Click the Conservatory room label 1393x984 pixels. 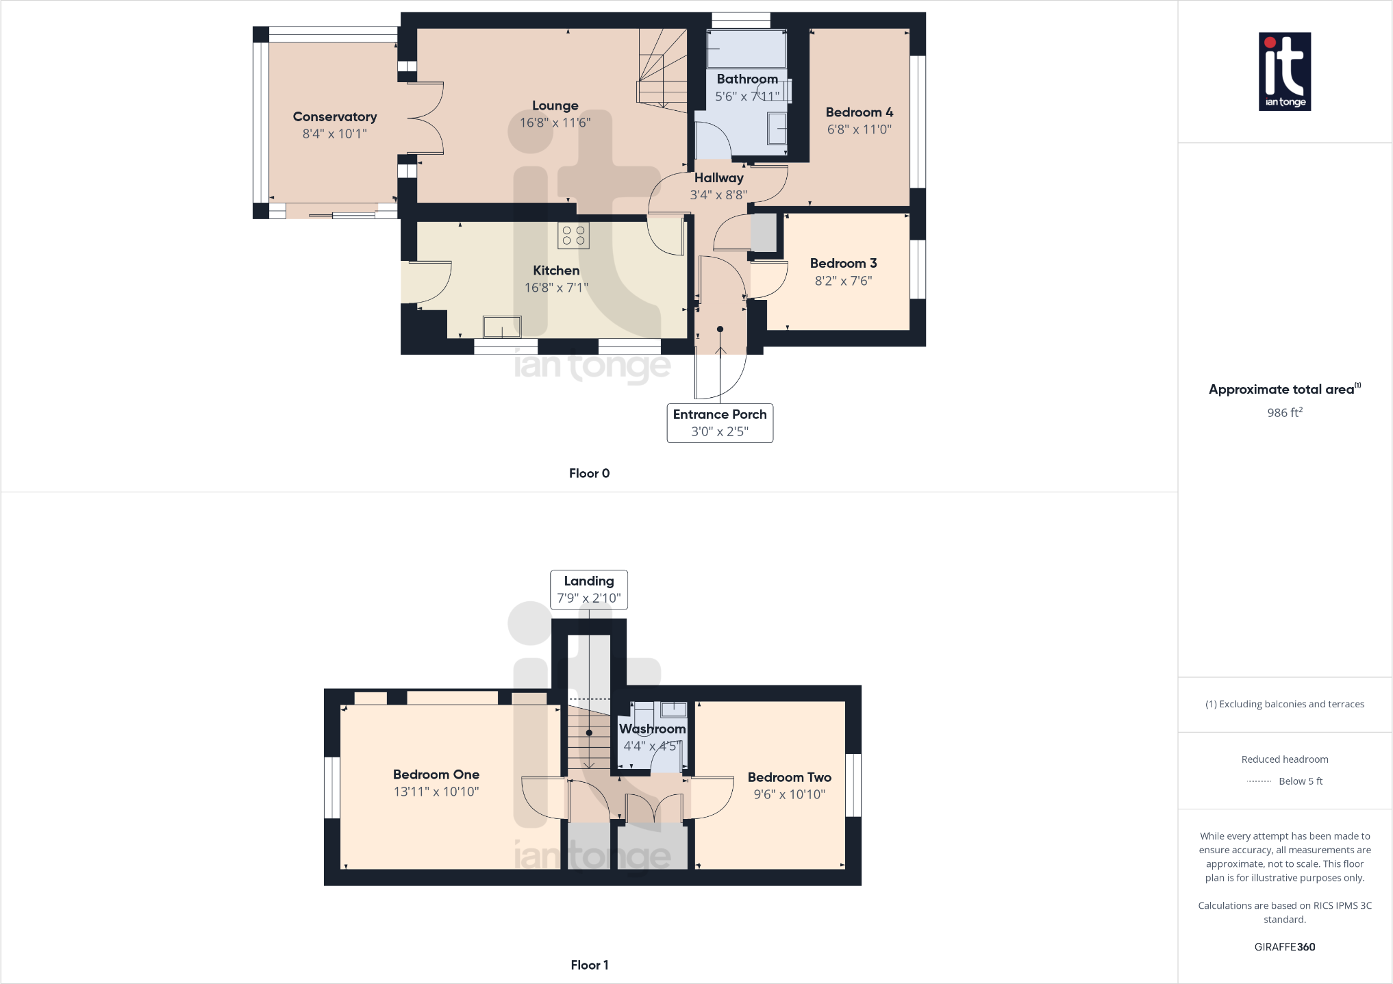click(x=334, y=116)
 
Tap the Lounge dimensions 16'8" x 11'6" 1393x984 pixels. click(x=555, y=123)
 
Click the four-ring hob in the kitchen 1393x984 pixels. click(x=573, y=236)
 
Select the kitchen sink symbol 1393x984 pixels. click(x=502, y=327)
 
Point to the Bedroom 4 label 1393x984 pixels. click(x=859, y=112)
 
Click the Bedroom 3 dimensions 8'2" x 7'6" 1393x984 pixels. click(x=843, y=281)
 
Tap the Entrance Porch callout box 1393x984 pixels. click(x=720, y=422)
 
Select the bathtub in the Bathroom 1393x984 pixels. click(x=746, y=49)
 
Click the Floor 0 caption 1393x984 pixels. click(x=589, y=473)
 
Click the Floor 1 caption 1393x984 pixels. click(x=589, y=965)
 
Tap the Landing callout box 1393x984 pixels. click(x=589, y=590)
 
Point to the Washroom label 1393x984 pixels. click(x=652, y=729)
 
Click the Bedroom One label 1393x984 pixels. click(x=436, y=774)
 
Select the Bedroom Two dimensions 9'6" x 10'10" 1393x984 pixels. click(x=789, y=794)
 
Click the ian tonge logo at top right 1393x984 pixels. click(x=1285, y=71)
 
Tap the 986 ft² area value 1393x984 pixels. click(x=1284, y=412)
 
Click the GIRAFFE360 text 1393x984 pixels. click(x=1284, y=947)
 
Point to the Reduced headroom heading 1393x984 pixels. click(x=1284, y=759)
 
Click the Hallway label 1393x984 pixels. click(x=718, y=177)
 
